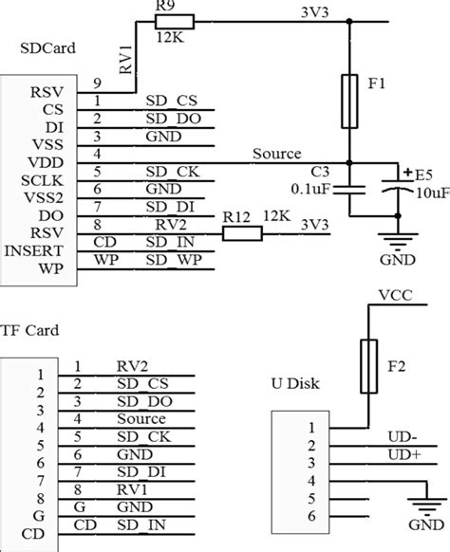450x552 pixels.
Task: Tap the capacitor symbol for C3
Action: coord(349,191)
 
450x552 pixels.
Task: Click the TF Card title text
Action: coord(30,331)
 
